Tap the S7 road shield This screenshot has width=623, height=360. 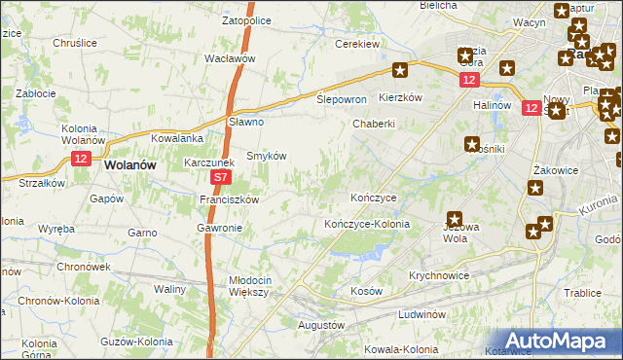(221, 178)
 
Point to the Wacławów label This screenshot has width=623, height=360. (229, 58)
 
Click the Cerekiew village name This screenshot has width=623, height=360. (356, 44)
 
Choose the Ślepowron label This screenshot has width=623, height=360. (341, 100)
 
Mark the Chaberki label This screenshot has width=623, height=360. (373, 124)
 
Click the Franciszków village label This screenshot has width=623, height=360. (228, 199)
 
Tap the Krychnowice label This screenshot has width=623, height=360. (439, 275)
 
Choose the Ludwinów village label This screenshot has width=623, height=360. (421, 315)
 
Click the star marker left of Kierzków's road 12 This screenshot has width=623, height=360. (400, 70)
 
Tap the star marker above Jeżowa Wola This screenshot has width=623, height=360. (455, 220)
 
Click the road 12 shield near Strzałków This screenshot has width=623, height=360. (81, 158)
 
